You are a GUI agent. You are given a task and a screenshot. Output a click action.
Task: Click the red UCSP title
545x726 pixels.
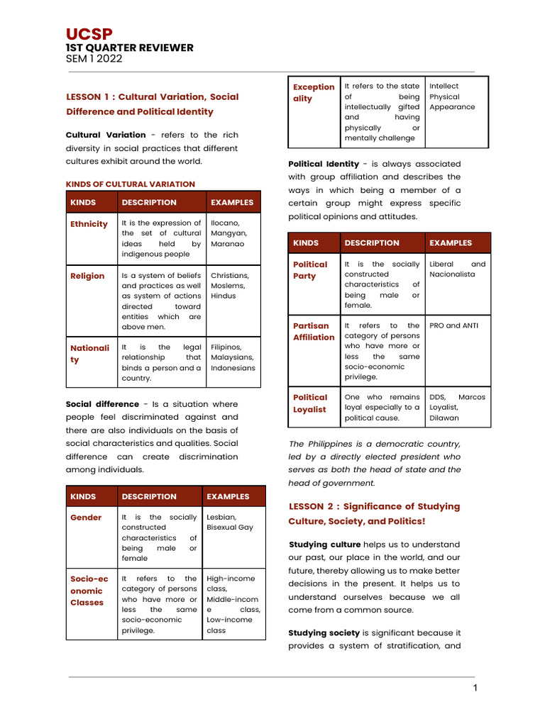89,34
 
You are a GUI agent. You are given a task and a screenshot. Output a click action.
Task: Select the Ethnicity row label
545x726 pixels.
89,224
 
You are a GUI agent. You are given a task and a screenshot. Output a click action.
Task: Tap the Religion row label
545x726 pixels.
87,276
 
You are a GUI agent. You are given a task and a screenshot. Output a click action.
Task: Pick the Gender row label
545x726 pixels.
86,518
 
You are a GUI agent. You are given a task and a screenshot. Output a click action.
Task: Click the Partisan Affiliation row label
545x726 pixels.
314,332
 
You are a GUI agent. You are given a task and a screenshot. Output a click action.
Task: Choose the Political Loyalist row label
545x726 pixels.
310,403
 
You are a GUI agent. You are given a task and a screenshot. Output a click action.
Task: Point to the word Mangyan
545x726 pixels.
229,233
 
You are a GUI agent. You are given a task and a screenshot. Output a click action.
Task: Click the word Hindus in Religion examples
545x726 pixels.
224,296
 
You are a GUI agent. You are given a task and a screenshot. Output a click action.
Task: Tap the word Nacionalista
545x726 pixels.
452,274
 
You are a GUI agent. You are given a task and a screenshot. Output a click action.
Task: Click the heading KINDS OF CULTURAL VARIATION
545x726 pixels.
130,184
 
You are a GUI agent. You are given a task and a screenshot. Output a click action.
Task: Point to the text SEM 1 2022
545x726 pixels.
94,59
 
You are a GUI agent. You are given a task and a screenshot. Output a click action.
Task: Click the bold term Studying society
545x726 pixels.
324,632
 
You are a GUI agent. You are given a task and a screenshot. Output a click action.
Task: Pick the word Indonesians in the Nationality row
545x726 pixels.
233,368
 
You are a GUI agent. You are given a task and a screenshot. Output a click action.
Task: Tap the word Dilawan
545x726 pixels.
444,418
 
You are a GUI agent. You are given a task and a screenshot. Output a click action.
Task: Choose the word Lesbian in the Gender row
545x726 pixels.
221,518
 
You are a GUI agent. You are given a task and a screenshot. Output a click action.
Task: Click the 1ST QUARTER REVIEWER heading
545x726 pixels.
129,48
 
